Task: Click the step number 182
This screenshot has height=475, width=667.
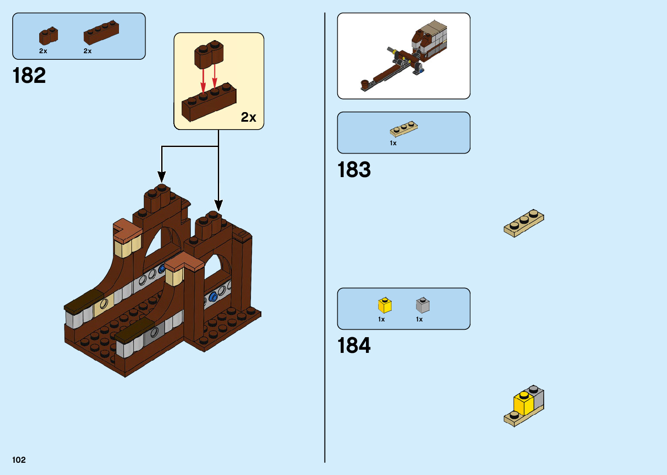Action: (x=29, y=75)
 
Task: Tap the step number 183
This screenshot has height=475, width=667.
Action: (x=354, y=170)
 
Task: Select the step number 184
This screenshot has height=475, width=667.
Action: (x=354, y=345)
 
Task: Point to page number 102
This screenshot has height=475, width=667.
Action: (x=19, y=460)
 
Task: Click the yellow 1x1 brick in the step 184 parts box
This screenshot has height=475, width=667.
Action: (x=385, y=305)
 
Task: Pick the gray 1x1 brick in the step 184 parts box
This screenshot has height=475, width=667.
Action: (x=423, y=305)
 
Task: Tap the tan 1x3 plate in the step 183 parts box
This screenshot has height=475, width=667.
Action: (x=403, y=129)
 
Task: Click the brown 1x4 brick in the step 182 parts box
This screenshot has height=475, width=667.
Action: (x=101, y=33)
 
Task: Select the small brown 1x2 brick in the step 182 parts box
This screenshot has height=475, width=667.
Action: (x=48, y=36)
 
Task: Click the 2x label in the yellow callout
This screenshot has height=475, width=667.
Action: (x=248, y=117)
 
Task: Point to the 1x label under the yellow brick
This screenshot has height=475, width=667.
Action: (x=381, y=319)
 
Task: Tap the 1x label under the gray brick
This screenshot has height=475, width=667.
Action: (x=419, y=319)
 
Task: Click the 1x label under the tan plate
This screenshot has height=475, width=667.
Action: (x=393, y=143)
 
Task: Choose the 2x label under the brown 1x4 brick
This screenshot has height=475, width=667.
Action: (x=88, y=51)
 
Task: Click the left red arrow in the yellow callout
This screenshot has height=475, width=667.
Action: (x=203, y=81)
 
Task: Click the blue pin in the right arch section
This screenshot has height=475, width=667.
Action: (x=213, y=297)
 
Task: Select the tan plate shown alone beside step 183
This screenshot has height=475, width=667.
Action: (x=524, y=223)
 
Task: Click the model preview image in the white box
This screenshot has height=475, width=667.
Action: (x=403, y=56)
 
